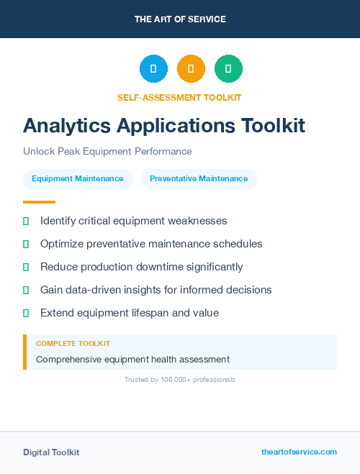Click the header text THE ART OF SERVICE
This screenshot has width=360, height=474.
click(180, 19)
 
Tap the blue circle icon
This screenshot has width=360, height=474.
click(153, 69)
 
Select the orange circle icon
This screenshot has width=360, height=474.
click(191, 69)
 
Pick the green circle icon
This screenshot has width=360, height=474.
click(228, 69)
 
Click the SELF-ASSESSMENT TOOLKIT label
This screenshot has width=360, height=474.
click(179, 97)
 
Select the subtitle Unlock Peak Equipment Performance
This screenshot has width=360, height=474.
click(107, 152)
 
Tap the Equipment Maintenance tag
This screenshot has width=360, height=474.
click(78, 179)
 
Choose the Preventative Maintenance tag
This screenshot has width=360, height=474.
click(199, 179)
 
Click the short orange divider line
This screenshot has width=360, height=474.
click(39, 202)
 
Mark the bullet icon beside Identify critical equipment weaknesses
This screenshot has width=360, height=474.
click(26, 221)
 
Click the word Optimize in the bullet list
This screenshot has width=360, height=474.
click(62, 244)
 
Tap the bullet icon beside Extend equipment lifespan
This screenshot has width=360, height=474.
click(26, 313)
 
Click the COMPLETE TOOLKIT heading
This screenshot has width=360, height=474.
click(73, 344)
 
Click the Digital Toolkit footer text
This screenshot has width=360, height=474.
click(51, 452)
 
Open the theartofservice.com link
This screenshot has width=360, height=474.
click(299, 452)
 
